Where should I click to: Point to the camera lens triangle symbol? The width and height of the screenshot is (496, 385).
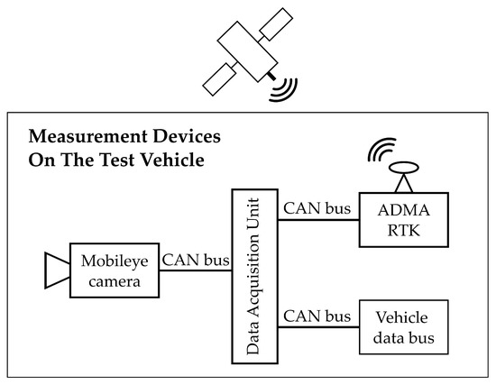56,270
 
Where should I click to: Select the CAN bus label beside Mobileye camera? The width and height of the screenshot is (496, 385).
197,261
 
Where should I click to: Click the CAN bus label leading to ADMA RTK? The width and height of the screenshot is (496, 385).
316,209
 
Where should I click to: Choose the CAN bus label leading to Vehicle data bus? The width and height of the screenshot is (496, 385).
316,316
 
